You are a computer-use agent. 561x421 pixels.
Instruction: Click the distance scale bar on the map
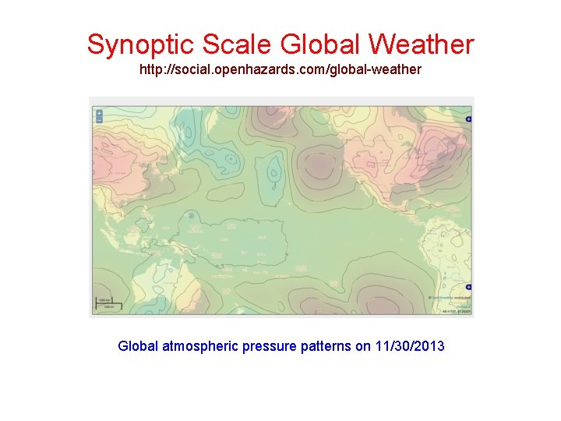103,305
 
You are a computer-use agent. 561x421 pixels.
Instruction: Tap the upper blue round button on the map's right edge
468,119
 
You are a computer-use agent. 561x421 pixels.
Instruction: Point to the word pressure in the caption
270,345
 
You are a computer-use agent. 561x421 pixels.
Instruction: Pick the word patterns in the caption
326,345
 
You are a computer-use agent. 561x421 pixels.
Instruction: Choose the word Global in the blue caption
138,345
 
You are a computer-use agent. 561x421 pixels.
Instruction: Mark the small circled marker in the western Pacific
191,214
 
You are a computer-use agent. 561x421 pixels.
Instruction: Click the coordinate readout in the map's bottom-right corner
453,312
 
